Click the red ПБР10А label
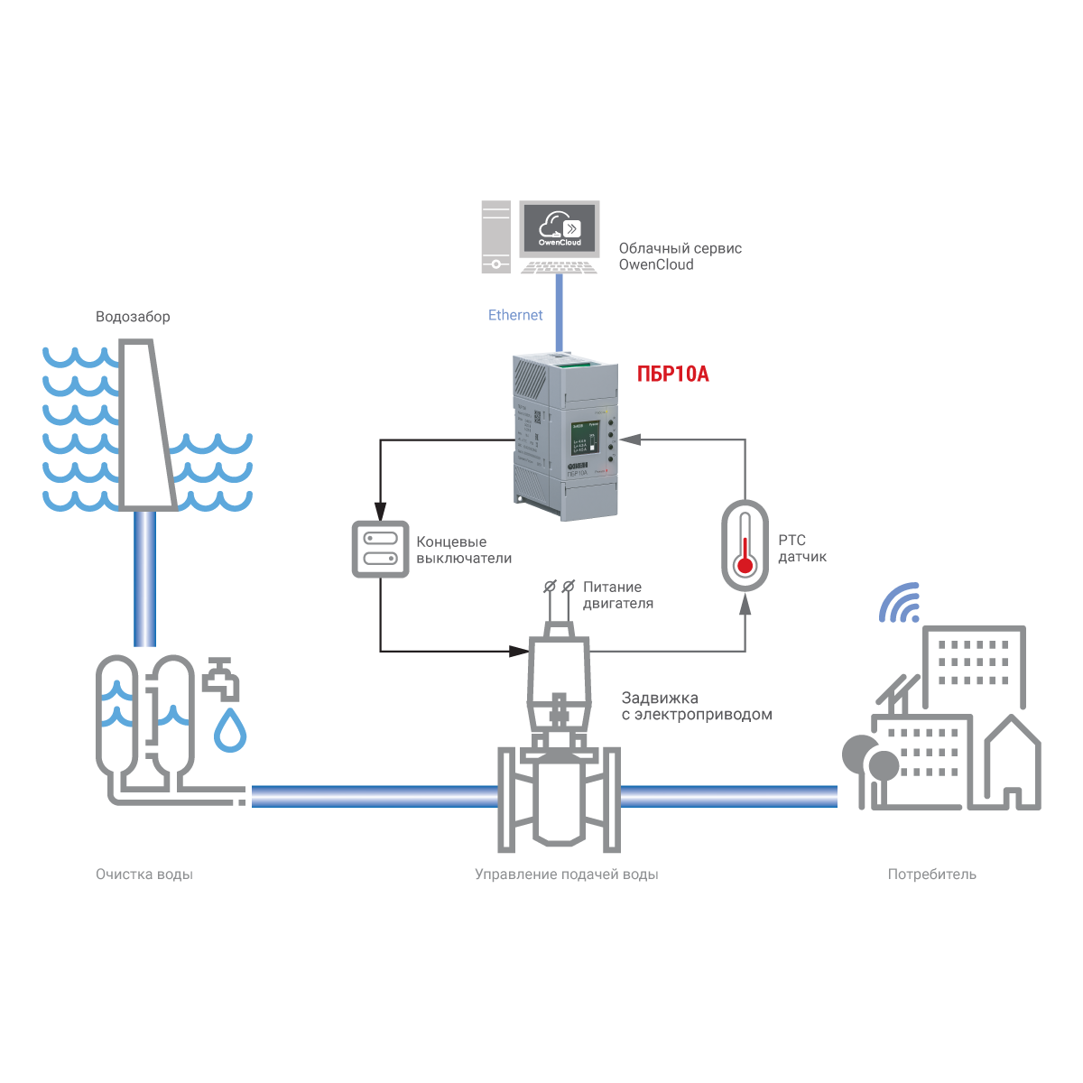(x=672, y=374)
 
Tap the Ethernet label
(x=515, y=315)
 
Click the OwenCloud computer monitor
(x=560, y=227)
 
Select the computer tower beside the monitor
(x=495, y=236)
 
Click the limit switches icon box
(x=380, y=549)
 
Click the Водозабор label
(x=133, y=317)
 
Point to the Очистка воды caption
(x=144, y=875)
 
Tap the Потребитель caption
(x=931, y=875)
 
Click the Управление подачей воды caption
(x=566, y=875)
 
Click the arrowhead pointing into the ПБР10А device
(x=629, y=440)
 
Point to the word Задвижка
(x=660, y=698)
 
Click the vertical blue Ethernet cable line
(x=560, y=312)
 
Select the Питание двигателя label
(x=617, y=595)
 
